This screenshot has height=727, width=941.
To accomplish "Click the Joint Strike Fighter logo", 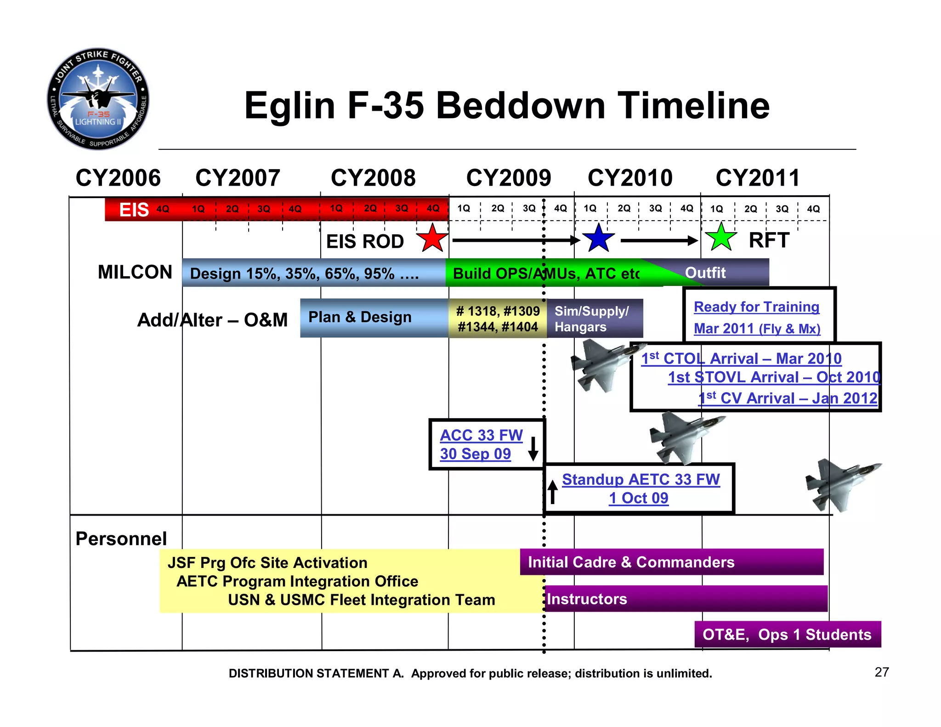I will pyautogui.click(x=98, y=99).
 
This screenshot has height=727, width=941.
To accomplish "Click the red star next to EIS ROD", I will pyautogui.click(x=432, y=239).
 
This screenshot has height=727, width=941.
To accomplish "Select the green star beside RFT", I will pyautogui.click(x=721, y=238).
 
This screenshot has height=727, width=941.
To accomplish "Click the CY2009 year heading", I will pyautogui.click(x=508, y=178).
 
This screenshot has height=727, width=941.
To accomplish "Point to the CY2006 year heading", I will pyautogui.click(x=118, y=178).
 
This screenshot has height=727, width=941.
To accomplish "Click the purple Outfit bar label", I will pyautogui.click(x=705, y=273).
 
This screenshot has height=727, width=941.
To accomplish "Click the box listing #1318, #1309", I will pyautogui.click(x=498, y=318).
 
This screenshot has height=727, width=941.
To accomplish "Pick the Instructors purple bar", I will pyautogui.click(x=685, y=599).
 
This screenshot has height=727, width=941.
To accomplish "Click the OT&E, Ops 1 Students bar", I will pyautogui.click(x=787, y=634).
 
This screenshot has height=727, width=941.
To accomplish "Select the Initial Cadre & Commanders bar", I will pyautogui.click(x=671, y=562).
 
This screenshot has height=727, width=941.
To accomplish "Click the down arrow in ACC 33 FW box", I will pyautogui.click(x=533, y=449).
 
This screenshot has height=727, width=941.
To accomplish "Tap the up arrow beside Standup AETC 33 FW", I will pyautogui.click(x=553, y=492).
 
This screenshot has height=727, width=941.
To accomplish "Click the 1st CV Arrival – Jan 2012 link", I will pyautogui.click(x=788, y=398).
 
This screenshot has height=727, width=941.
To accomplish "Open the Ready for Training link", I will pyautogui.click(x=756, y=307).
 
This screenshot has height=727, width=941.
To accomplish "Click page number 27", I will pyautogui.click(x=881, y=672).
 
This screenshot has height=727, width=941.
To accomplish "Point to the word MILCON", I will pyautogui.click(x=135, y=272).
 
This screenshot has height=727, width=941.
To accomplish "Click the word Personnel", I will pyautogui.click(x=121, y=539).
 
